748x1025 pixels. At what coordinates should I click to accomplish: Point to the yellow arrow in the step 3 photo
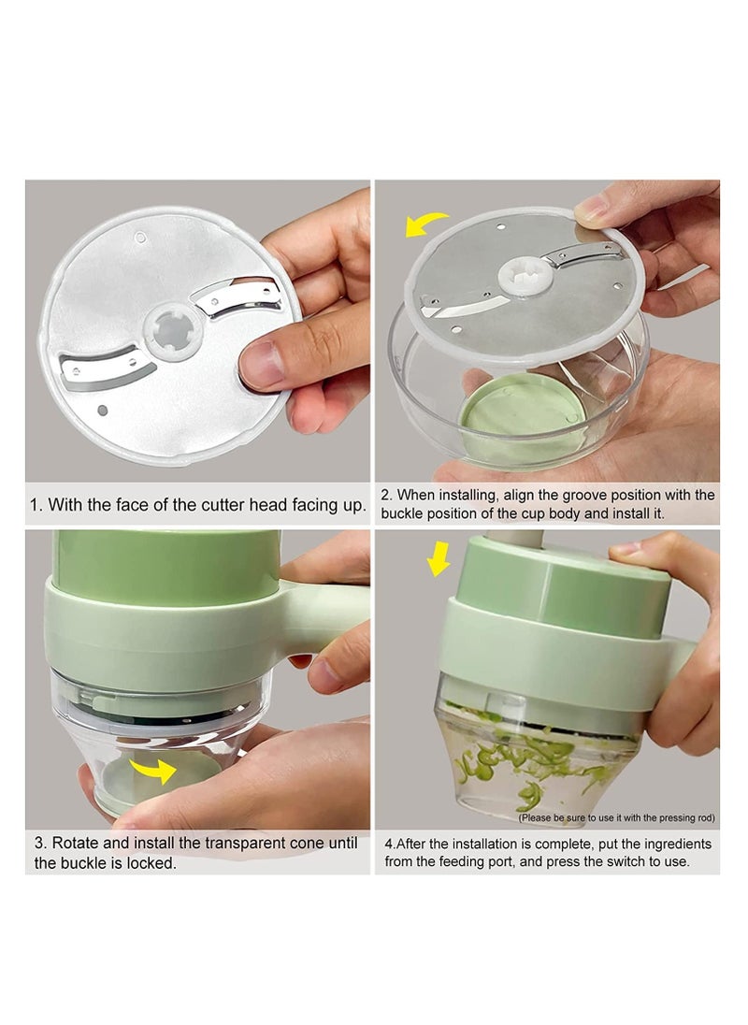coord(154,770)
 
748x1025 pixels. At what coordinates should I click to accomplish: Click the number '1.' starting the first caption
coord(36,505)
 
